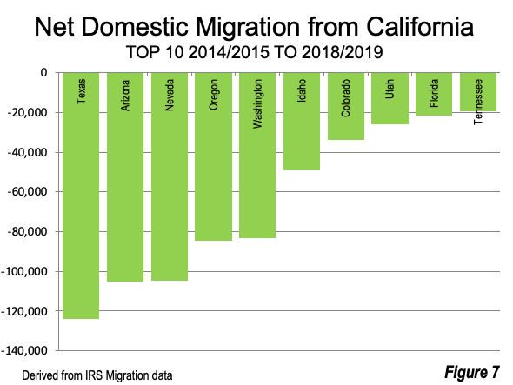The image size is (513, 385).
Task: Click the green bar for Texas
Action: click(x=81, y=196)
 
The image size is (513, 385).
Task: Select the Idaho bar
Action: click(x=302, y=122)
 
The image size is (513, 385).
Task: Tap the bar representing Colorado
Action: click(x=346, y=106)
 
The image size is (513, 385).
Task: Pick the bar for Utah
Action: click(x=390, y=98)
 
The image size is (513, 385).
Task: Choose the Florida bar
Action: click(x=434, y=94)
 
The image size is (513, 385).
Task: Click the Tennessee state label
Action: click(x=478, y=102)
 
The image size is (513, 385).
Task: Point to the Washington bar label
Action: click(x=257, y=103)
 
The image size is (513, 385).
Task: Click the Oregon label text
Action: click(x=213, y=95)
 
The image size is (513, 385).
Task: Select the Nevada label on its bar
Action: click(x=170, y=96)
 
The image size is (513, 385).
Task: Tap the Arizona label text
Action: click(x=125, y=96)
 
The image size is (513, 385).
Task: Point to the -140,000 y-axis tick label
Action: click(x=24, y=350)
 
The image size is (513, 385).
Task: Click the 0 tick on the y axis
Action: click(x=43, y=73)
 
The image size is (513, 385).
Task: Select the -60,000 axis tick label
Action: click(x=28, y=192)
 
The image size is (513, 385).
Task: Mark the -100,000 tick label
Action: click(x=24, y=271)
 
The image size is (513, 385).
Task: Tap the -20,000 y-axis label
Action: click(x=28, y=112)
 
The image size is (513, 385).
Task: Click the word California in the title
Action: click(x=420, y=26)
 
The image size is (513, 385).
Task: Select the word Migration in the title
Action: click(x=247, y=28)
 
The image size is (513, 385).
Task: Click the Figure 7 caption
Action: click(x=472, y=372)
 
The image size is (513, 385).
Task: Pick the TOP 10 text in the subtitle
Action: click(x=155, y=52)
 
